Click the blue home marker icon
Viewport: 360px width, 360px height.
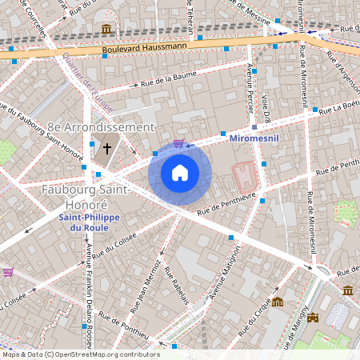click(180, 173)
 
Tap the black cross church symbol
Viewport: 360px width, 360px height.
click(107, 149)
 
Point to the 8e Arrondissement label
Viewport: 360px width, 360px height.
click(100, 127)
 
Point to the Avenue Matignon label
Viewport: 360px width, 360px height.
click(225, 272)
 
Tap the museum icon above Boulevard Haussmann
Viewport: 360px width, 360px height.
click(106, 30)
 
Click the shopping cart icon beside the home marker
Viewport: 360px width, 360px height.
click(179, 144)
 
